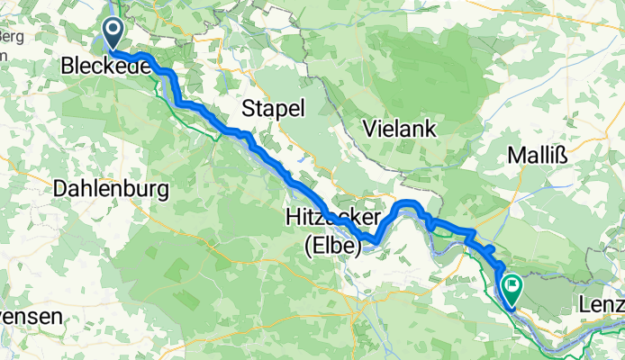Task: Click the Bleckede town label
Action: pyautogui.click(x=104, y=67)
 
